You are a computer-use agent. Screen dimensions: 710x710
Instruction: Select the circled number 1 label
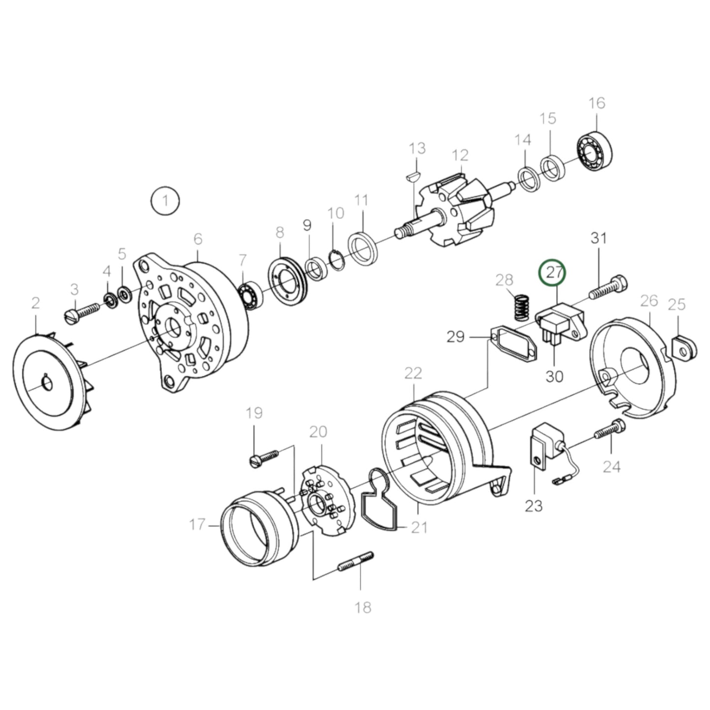coord(165,200)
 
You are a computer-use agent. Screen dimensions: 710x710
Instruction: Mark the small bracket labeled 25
coord(684,347)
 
